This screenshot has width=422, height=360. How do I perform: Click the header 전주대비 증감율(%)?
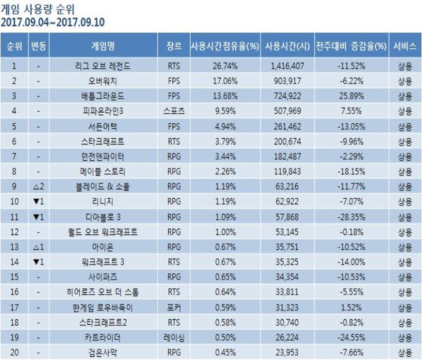(351, 44)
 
